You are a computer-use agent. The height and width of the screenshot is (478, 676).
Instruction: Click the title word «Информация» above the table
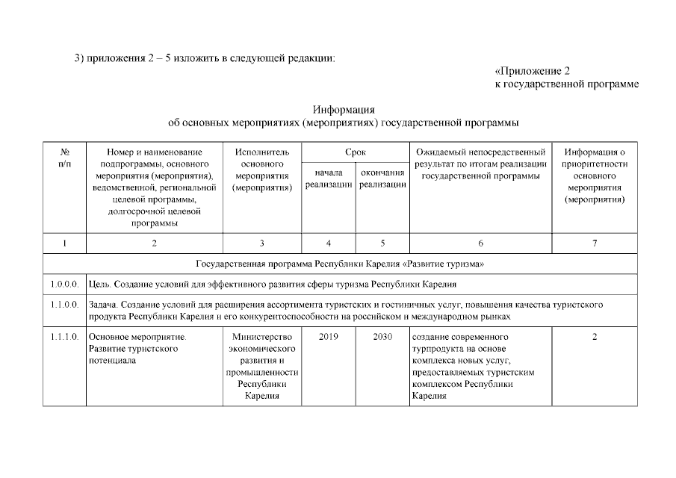tap(344, 110)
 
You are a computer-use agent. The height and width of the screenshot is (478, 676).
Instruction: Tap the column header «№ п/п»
tap(65, 158)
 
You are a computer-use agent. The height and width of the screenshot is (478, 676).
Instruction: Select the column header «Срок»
tap(355, 152)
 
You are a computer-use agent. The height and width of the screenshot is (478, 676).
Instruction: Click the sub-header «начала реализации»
tap(329, 179)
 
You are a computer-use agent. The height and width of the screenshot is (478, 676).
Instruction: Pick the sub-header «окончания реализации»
tap(382, 179)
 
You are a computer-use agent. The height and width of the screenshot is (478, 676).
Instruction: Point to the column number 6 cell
tap(480, 243)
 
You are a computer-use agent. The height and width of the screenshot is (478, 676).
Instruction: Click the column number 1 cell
tap(65, 243)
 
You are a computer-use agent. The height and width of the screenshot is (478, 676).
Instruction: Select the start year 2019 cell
tap(329, 337)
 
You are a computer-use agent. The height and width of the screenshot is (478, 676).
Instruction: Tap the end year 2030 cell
tap(382, 337)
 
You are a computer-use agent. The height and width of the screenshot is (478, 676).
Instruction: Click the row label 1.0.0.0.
tap(65, 285)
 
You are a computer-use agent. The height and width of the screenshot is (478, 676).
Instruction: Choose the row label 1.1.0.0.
tap(65, 305)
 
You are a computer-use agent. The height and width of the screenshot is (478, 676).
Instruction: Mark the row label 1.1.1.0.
tap(65, 337)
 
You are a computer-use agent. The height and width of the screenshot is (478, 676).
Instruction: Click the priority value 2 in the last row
tap(595, 337)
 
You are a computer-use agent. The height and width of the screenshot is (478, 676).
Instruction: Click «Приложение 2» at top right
tap(533, 71)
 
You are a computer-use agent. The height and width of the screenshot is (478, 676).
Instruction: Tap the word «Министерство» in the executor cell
tap(261, 337)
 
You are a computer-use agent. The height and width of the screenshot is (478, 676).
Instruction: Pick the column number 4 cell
tap(329, 243)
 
